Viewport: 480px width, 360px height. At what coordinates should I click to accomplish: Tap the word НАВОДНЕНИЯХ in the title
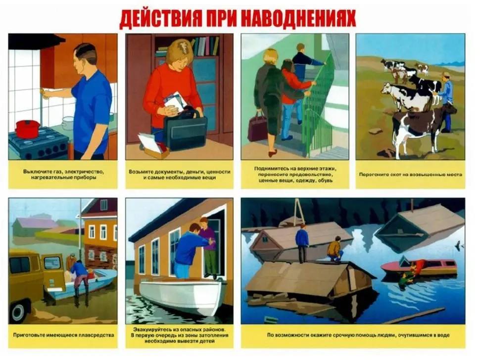pyautogui.click(x=298, y=19)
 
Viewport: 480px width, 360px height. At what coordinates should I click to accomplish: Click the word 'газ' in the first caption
pyautogui.click(x=58, y=172)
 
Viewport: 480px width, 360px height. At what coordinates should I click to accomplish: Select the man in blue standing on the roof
pyautogui.click(x=302, y=243)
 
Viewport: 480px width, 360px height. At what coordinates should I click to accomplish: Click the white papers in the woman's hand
pyautogui.click(x=175, y=101)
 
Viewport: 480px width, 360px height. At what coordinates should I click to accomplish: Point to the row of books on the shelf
pyautogui.click(x=205, y=46)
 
